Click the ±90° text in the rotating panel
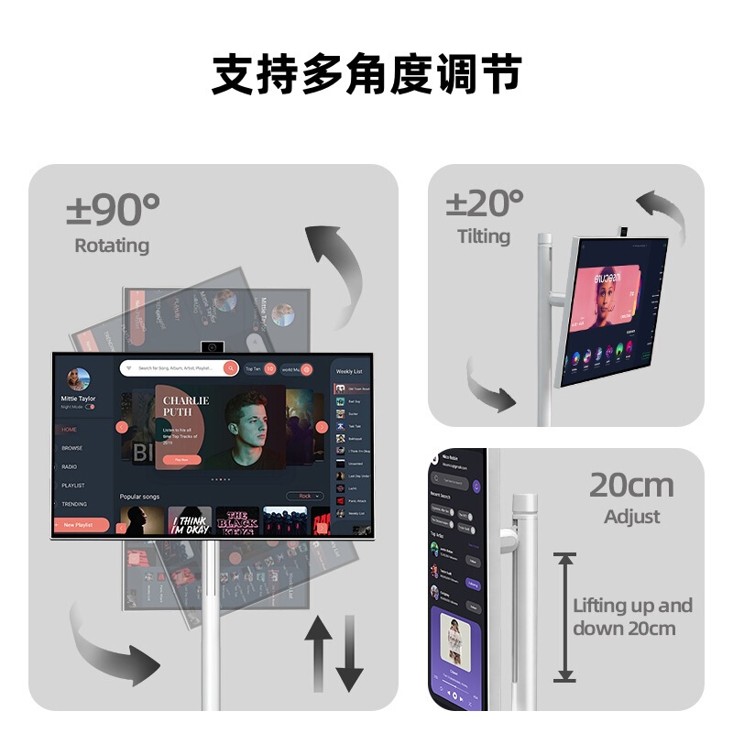click(113, 210)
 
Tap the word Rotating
click(112, 246)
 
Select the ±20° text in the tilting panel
click(485, 202)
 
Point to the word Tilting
click(484, 236)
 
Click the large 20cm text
click(631, 485)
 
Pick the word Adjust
click(632, 517)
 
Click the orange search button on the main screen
click(231, 368)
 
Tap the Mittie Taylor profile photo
click(79, 379)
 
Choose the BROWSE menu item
click(71, 448)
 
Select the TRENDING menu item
click(74, 504)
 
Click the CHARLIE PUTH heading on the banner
click(186, 406)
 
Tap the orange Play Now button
click(181, 459)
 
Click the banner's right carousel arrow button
click(322, 427)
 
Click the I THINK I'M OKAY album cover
click(190, 521)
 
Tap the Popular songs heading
click(139, 497)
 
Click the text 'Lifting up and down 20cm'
click(632, 617)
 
